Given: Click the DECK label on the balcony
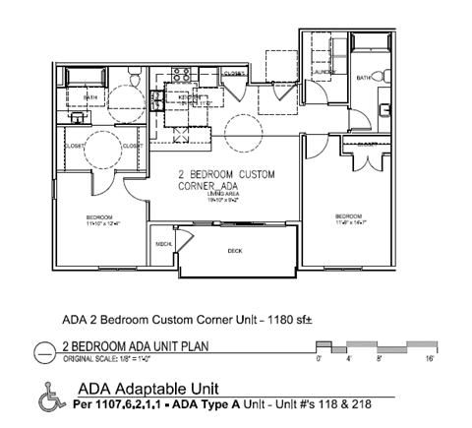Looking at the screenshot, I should [x=235, y=251].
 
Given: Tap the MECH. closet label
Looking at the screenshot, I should [x=163, y=244].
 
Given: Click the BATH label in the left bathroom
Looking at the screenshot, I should [x=90, y=97].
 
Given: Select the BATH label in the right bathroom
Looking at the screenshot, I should [x=363, y=78].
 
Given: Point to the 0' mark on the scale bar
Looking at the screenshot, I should [x=319, y=360].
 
